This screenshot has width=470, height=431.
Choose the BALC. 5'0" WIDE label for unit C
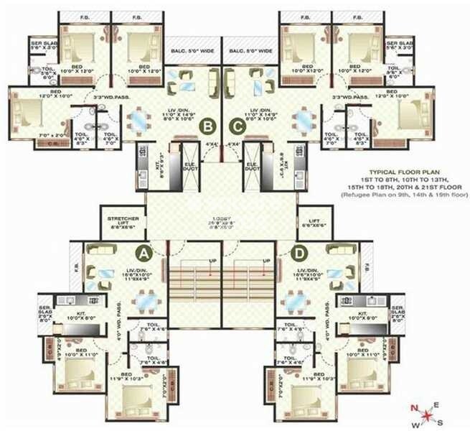point(252,51)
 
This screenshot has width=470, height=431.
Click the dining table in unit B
point(139,119)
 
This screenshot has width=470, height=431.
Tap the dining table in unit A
point(147,302)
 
